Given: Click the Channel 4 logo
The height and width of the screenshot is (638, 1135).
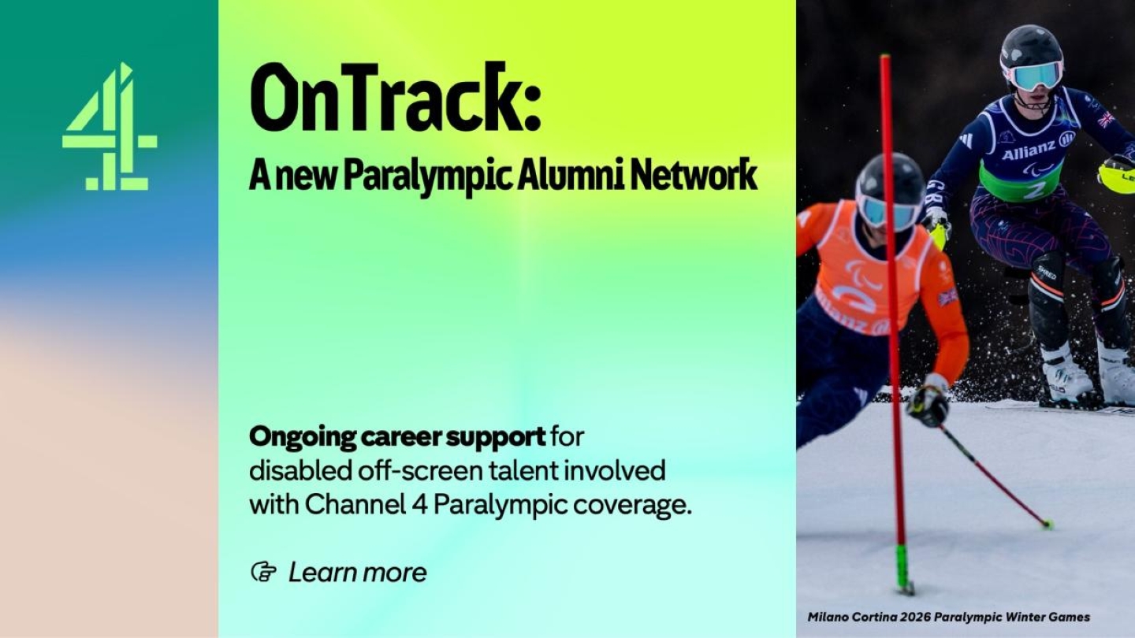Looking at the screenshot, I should [x=109, y=128].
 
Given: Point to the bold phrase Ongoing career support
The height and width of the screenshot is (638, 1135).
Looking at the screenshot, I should [x=397, y=436].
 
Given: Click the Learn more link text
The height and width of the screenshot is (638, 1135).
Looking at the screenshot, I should [x=357, y=573].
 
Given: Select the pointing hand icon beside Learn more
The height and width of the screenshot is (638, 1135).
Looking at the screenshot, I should [x=263, y=572].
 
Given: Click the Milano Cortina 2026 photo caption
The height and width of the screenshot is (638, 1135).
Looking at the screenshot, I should [x=948, y=617].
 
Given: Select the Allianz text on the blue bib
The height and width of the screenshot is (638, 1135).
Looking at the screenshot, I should [x=1029, y=150].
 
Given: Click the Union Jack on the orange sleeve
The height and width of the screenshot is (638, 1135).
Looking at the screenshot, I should [x=947, y=297].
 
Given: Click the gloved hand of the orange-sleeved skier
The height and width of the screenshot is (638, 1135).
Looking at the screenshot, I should [x=929, y=402].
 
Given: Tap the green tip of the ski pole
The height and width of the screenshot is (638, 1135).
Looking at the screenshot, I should [x=1047, y=524].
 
